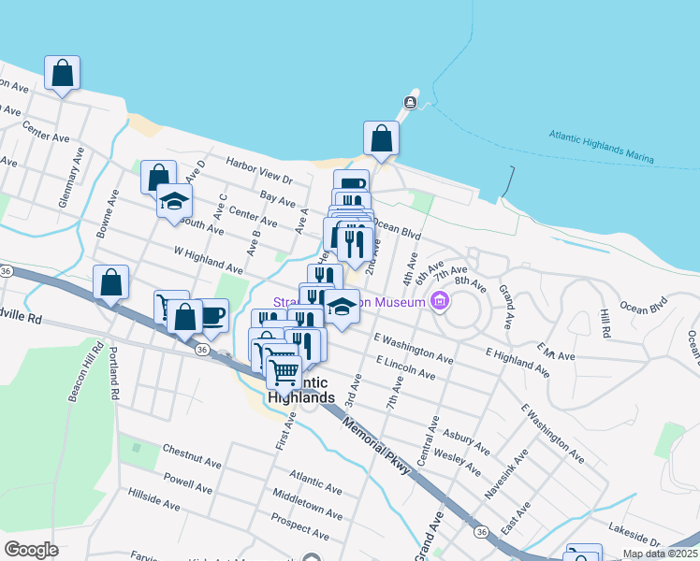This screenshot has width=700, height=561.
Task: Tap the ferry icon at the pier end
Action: pyautogui.click(x=410, y=102)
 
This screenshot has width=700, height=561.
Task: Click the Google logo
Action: pyautogui.click(x=31, y=550)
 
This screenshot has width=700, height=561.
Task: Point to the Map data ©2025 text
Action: pyautogui.click(x=659, y=554)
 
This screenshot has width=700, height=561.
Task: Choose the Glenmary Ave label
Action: pyautogui.click(x=63, y=189)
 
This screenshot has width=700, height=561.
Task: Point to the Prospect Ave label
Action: pyautogui.click(x=299, y=525)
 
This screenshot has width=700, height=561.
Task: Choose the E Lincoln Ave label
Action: pyautogui.click(x=405, y=367)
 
